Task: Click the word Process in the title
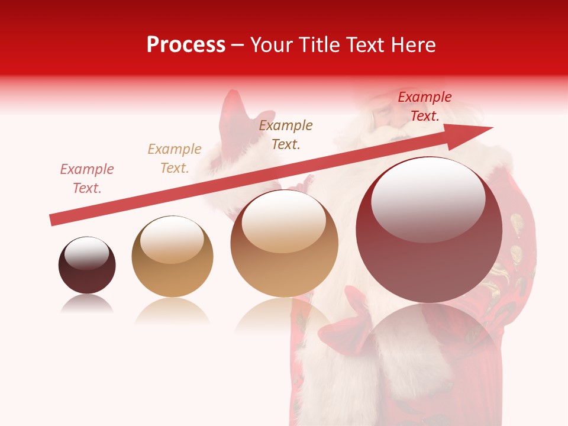(x=186, y=45)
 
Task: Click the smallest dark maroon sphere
(x=87, y=266)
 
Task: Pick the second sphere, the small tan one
(x=172, y=257)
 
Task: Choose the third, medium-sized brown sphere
(x=284, y=244)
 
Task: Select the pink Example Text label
(x=87, y=179)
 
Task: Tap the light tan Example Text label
(x=175, y=159)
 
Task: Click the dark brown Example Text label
(x=286, y=134)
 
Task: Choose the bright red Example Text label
(x=424, y=106)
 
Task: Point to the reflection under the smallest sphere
(x=87, y=304)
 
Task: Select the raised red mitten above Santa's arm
(x=232, y=121)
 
